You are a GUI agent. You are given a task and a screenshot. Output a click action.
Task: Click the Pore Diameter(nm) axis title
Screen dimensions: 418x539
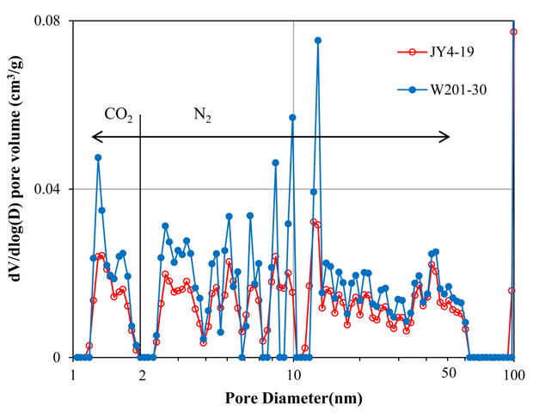pos(294,399)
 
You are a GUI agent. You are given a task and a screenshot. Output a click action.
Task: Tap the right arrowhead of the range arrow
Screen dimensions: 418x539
pos(446,136)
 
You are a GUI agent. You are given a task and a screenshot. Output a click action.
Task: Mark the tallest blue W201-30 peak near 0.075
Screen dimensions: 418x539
pos(318,40)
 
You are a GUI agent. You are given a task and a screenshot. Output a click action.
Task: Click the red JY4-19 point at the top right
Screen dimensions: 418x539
pos(514,32)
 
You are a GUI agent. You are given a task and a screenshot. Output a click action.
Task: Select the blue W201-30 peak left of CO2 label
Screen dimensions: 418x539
pos(98,157)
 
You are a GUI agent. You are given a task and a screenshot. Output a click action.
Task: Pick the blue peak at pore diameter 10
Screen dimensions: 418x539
pos(292,117)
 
